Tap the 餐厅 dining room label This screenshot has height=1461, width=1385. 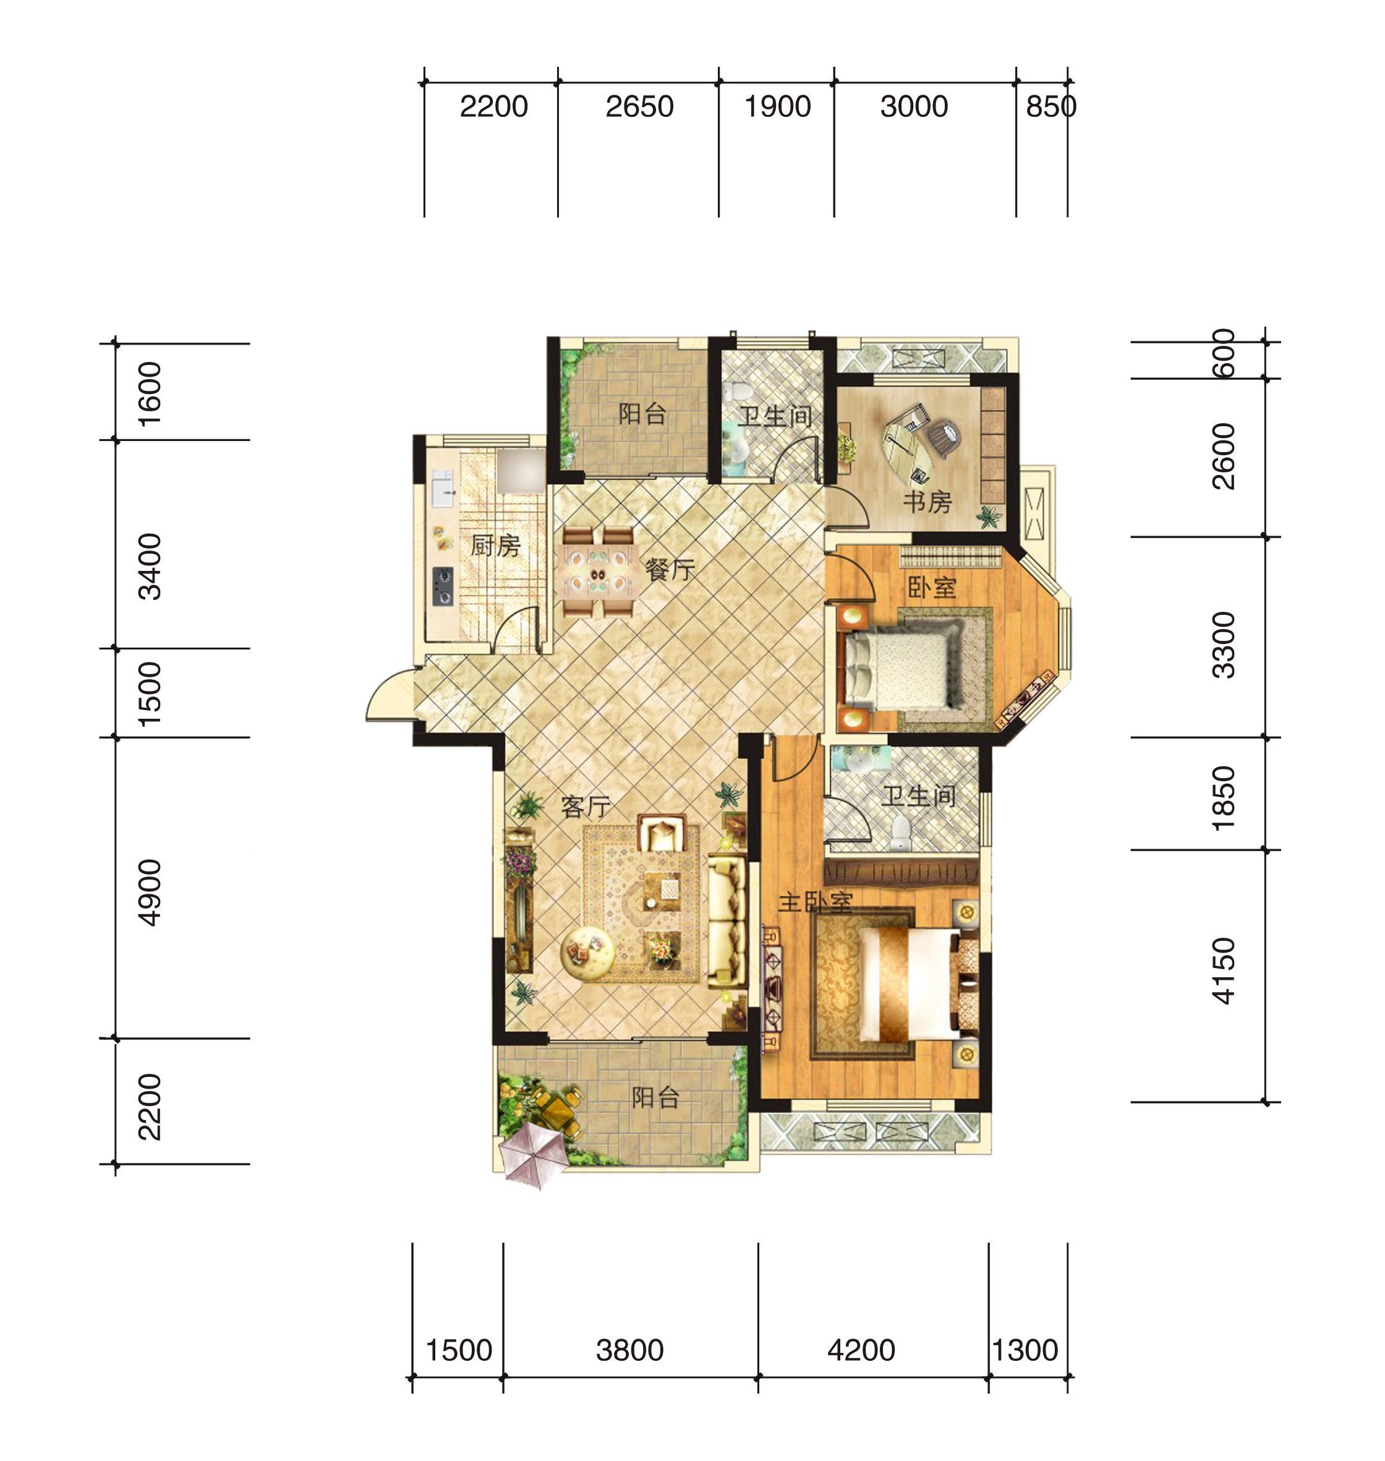click(x=670, y=570)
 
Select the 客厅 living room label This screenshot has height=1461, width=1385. click(x=586, y=806)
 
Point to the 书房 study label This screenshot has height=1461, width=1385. click(x=927, y=502)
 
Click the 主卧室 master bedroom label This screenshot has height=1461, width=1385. click(x=817, y=902)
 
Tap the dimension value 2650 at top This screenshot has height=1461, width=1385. click(x=639, y=107)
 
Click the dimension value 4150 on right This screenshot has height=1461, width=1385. click(x=1224, y=970)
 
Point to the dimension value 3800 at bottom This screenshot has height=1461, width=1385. click(x=630, y=1351)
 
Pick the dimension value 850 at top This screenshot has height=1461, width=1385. click(x=1050, y=107)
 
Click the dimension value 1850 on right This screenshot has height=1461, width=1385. click(x=1224, y=798)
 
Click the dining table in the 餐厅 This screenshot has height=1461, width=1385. click(x=599, y=572)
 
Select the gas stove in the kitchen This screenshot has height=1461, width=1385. click(x=442, y=586)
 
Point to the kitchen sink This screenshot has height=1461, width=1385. click(x=442, y=487)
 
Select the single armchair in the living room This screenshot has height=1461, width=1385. click(x=663, y=833)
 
